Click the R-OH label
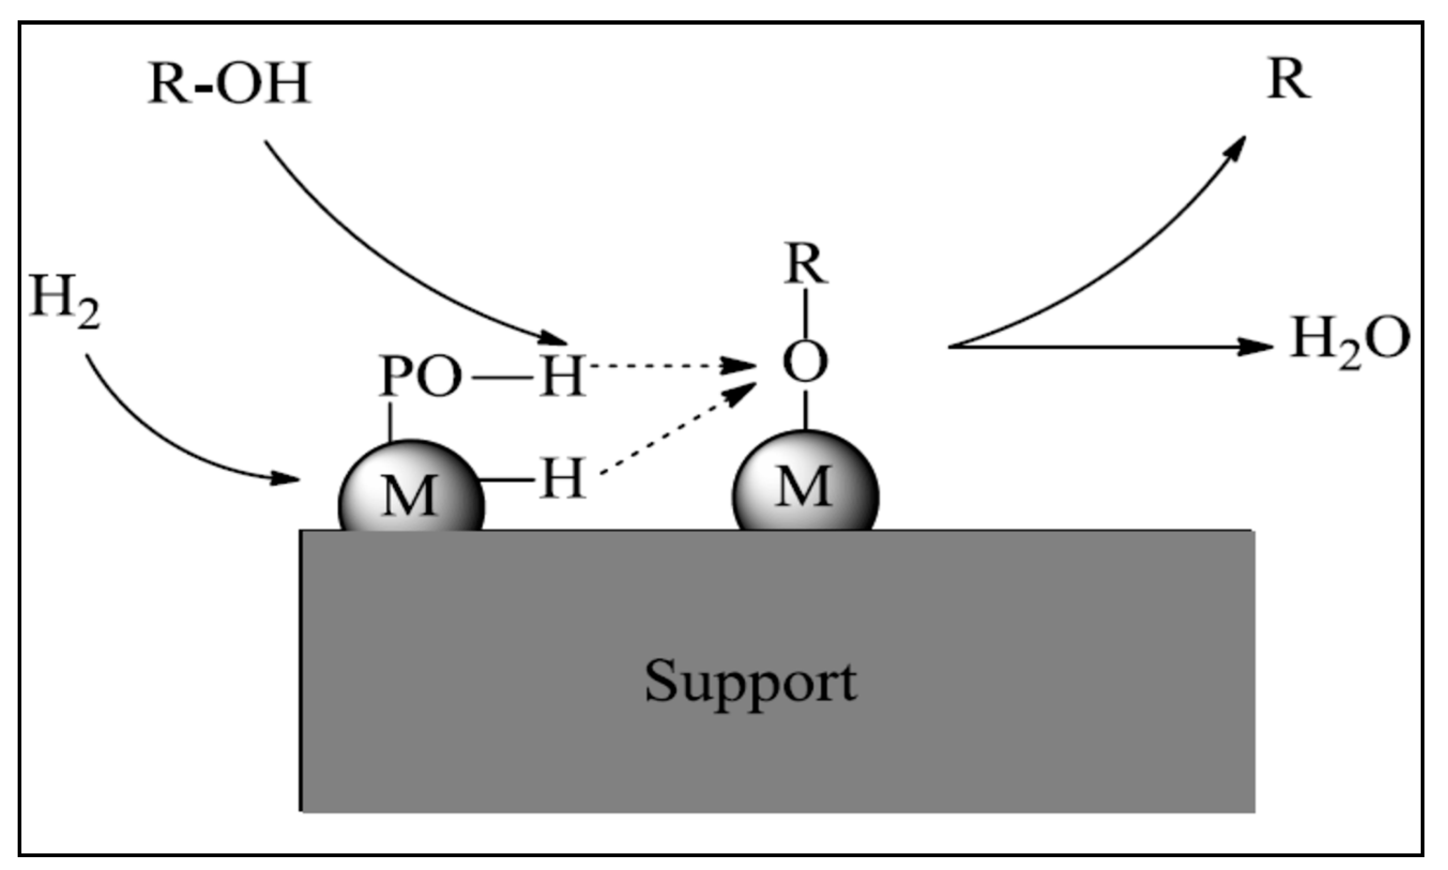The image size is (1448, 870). click(x=228, y=85)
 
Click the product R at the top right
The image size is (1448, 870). click(x=1289, y=80)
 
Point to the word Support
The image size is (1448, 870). click(x=750, y=681)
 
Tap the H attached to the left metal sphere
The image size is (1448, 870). click(x=562, y=479)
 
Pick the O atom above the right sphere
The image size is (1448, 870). click(x=805, y=362)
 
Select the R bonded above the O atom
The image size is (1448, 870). click(x=806, y=265)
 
